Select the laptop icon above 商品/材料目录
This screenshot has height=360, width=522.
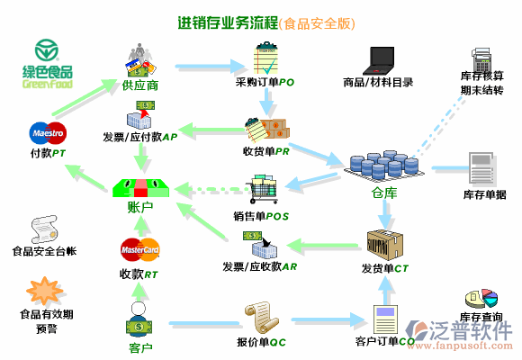379,59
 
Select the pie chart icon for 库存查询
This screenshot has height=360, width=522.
481,298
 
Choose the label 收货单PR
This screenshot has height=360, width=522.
265,150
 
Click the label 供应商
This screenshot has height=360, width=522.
139,85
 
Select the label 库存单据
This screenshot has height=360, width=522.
484,194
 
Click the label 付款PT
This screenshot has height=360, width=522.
47,153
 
